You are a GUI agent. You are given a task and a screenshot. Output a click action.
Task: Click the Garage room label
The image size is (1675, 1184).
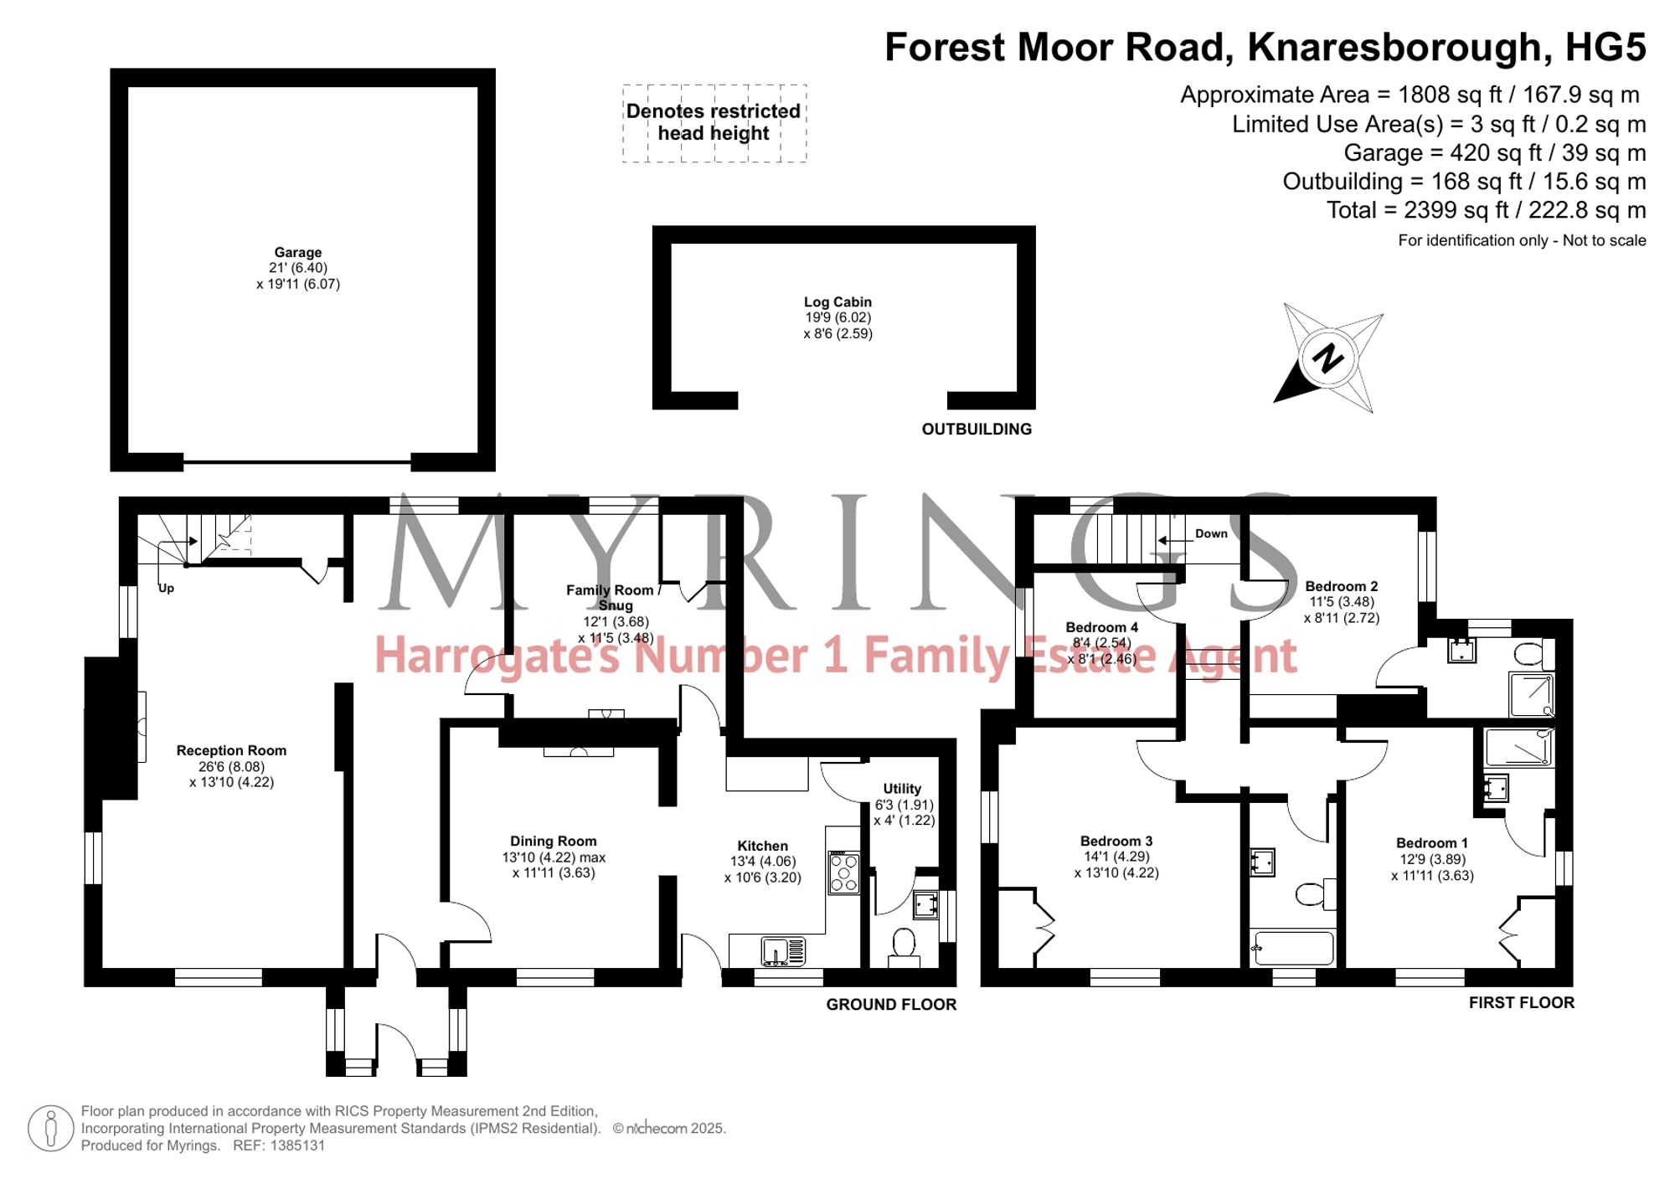[x=298, y=252]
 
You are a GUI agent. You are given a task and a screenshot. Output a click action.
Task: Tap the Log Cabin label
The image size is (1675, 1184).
[x=837, y=301]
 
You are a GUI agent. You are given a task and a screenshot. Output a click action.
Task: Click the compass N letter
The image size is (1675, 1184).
[x=1327, y=358]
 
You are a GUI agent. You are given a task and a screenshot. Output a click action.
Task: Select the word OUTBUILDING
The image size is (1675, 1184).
[x=977, y=429]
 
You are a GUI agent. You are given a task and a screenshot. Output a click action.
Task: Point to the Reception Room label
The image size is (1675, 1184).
[x=231, y=750]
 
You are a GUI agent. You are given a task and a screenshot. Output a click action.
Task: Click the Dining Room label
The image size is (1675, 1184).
[x=554, y=841]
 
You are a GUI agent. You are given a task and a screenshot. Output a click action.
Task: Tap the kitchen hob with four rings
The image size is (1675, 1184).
[x=843, y=873]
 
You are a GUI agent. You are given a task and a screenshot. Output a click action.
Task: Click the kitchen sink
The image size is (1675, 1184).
[x=783, y=951]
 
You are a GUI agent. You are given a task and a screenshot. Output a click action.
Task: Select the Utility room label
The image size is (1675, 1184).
[x=902, y=788]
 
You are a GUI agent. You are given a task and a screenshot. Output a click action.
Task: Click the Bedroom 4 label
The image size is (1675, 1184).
[x=1101, y=627]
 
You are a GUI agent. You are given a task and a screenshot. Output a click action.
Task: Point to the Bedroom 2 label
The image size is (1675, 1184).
[x=1341, y=586]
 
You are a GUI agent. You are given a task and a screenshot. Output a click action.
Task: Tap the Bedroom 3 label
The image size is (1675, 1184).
[x=1116, y=841]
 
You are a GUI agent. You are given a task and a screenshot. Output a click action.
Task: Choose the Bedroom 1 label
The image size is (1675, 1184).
[x=1432, y=842]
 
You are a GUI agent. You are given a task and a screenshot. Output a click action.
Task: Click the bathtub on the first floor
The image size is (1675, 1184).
[x=1292, y=948]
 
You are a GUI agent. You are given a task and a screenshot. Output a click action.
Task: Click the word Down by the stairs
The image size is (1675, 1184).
[x=1211, y=533]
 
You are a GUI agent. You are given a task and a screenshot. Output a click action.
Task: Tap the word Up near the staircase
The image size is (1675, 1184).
[x=166, y=588]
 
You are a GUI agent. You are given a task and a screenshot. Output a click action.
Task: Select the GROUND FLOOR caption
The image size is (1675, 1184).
[x=891, y=1004]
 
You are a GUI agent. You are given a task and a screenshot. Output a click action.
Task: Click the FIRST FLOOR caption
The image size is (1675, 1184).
[x=1522, y=1002]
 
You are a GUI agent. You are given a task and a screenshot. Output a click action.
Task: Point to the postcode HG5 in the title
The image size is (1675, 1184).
[x=1605, y=47]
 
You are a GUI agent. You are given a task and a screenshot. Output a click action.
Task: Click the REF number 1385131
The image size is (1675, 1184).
[x=297, y=1145]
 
